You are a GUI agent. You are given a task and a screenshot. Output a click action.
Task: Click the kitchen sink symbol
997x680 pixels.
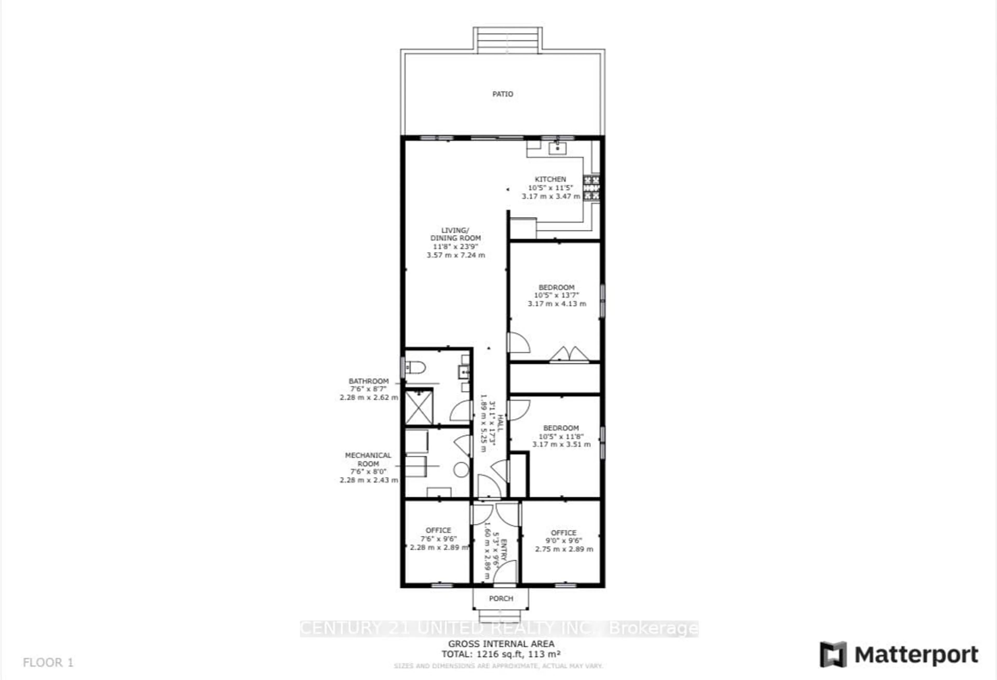tap(557, 149)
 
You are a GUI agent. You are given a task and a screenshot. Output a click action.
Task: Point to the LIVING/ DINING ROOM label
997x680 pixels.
tap(455, 234)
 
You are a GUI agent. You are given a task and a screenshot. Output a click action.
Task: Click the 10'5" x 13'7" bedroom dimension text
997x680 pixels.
tap(556, 295)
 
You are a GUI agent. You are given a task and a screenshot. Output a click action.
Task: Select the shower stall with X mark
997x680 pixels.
tap(419, 407)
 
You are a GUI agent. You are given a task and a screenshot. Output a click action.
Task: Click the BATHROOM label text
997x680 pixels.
tap(368, 381)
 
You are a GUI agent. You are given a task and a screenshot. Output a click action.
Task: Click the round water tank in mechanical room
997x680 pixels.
tap(461, 469)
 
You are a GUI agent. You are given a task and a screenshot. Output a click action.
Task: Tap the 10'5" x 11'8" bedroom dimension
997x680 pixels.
tap(561, 436)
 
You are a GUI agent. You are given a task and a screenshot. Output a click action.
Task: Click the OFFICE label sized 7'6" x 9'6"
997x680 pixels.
tap(438, 530)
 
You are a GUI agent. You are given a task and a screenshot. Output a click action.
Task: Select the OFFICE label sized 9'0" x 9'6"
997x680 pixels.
tap(563, 533)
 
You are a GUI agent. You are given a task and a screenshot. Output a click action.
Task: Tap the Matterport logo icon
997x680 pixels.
tap(833, 654)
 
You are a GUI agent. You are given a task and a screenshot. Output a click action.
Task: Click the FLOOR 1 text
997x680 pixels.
tap(48, 662)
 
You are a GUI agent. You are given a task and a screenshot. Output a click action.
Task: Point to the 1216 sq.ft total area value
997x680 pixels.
tap(501, 654)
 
